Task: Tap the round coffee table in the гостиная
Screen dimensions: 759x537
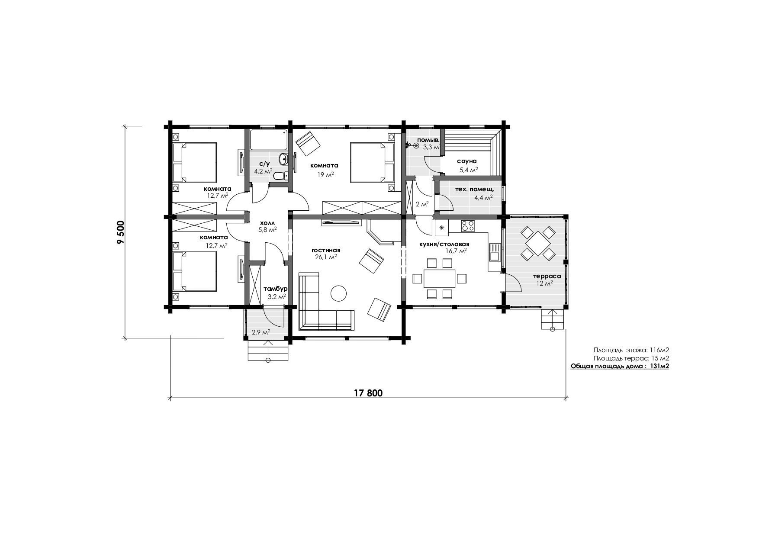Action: (x=338, y=293)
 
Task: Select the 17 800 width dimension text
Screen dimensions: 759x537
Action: (x=368, y=393)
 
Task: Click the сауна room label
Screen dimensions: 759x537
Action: (x=467, y=161)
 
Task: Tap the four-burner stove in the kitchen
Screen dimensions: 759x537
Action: (x=468, y=226)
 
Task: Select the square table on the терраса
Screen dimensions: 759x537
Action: (x=537, y=244)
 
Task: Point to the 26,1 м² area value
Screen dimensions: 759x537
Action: (x=326, y=257)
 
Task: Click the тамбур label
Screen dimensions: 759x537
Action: (x=275, y=289)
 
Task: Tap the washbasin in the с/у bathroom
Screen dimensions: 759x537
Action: (x=283, y=158)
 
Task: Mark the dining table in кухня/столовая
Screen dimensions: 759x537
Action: (x=440, y=278)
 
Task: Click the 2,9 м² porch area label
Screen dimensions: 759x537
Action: (x=261, y=332)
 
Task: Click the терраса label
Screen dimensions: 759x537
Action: (x=547, y=276)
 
